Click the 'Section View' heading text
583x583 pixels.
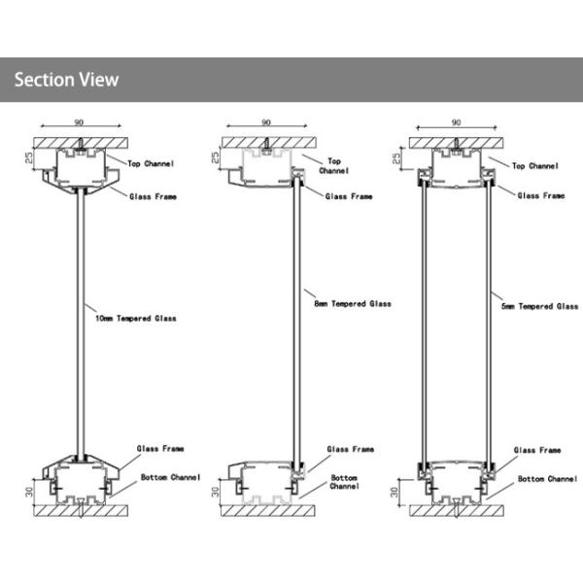(66, 80)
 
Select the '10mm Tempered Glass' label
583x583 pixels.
(136, 319)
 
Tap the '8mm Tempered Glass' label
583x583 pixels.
(353, 304)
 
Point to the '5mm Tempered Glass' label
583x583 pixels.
(540, 306)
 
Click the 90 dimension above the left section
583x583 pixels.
(79, 122)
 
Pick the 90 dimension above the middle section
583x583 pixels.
(266, 122)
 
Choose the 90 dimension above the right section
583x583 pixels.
(457, 122)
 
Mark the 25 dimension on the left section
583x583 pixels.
(28, 157)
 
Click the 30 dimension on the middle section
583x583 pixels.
(216, 492)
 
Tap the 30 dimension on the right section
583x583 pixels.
(394, 492)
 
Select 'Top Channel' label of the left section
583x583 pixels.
(151, 163)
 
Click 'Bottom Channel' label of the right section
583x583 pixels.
(548, 479)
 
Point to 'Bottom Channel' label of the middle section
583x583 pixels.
(344, 482)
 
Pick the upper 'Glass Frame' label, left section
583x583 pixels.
(153, 196)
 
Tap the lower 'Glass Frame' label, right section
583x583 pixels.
(537, 450)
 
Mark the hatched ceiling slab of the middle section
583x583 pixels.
(269, 143)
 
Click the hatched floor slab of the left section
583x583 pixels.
(81, 511)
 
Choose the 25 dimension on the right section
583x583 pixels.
(396, 158)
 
